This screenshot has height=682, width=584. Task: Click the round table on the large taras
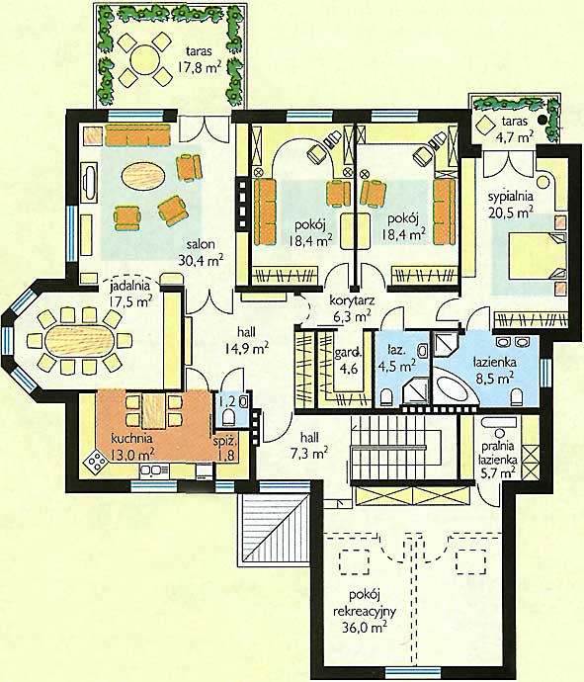(145, 59)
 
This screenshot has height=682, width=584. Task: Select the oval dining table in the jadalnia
(80, 341)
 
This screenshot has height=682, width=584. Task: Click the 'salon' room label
(201, 244)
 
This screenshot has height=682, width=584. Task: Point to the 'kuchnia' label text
(131, 438)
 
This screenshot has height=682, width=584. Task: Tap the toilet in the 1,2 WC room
(228, 418)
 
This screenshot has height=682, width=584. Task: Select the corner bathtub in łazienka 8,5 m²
(454, 388)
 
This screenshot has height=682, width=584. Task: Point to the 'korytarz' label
(352, 300)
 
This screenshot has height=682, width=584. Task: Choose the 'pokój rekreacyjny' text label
(365, 603)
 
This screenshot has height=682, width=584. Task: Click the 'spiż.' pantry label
(225, 442)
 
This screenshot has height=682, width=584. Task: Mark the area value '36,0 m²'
(365, 628)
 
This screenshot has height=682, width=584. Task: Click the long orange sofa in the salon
(137, 134)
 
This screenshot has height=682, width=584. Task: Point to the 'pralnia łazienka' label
(498, 453)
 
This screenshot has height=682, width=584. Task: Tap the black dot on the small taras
(542, 120)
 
